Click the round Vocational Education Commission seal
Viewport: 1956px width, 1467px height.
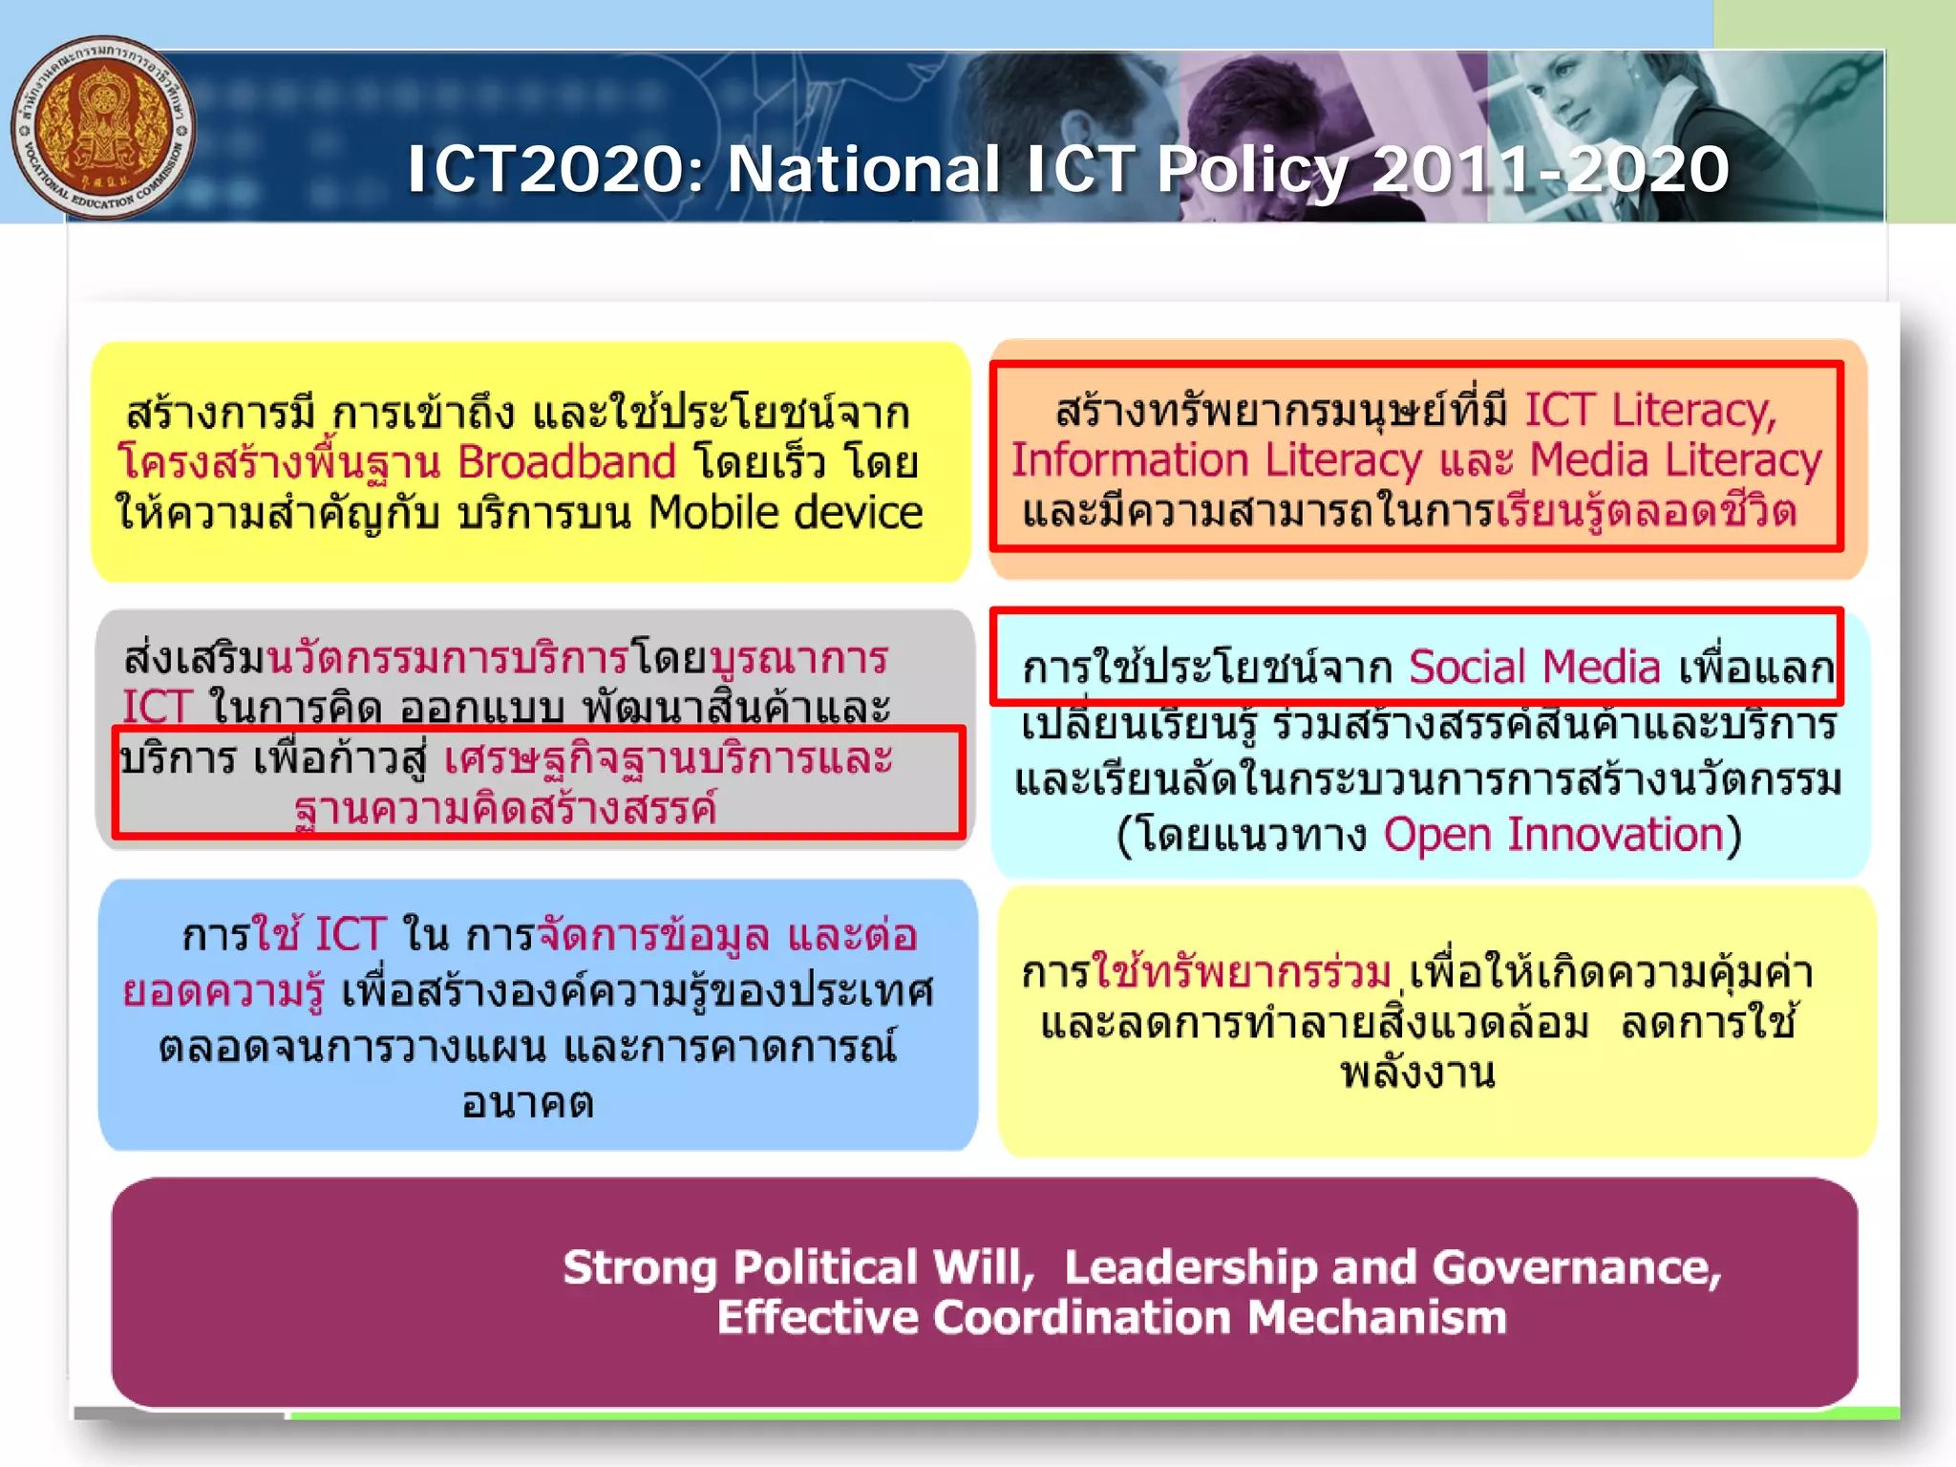pyautogui.click(x=103, y=128)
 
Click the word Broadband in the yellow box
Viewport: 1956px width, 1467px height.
pyautogui.click(x=566, y=463)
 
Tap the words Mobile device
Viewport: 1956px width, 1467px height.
pyautogui.click(x=785, y=513)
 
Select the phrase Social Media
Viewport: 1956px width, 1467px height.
pyautogui.click(x=1534, y=667)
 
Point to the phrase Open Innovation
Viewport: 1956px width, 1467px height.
pyautogui.click(x=1554, y=835)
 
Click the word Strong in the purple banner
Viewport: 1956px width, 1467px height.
pyautogui.click(x=639, y=1268)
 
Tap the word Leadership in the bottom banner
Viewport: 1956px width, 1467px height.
pyautogui.click(x=1191, y=1268)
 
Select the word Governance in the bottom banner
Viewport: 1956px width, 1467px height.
pyautogui.click(x=1575, y=1268)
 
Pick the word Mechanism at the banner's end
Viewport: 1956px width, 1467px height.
pyautogui.click(x=1376, y=1318)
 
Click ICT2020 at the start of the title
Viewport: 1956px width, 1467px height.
pyautogui.click(x=543, y=170)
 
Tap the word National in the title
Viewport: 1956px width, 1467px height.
pyautogui.click(x=863, y=170)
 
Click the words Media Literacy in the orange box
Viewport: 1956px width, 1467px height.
pyautogui.click(x=1675, y=460)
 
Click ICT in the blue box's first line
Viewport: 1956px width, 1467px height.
pyautogui.click(x=351, y=934)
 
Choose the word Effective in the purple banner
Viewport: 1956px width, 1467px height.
pyautogui.click(x=818, y=1318)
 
